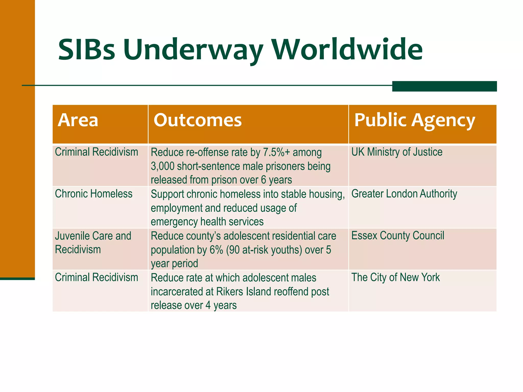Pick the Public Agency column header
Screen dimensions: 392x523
[414, 120]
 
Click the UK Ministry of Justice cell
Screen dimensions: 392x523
[397, 152]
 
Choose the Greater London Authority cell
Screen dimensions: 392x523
[404, 194]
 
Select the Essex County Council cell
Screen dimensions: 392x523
[398, 236]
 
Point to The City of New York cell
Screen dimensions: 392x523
[395, 277]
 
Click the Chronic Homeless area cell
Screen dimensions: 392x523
[93, 194]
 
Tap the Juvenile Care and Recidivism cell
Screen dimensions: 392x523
[93, 242]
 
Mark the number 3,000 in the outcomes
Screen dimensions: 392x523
[162, 166]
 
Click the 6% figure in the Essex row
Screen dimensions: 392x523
[216, 250]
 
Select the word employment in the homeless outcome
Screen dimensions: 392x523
[176, 208]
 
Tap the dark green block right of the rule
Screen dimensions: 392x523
[444, 86]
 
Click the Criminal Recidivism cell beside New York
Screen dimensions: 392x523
[96, 277]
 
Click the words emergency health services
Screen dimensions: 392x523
[207, 222]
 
